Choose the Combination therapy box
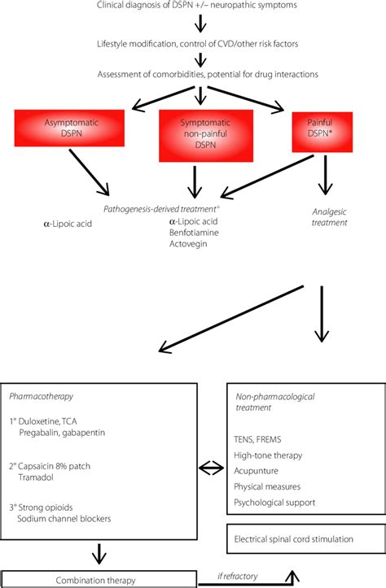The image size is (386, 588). [97, 579]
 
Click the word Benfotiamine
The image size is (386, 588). [195, 233]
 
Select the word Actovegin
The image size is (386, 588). [191, 245]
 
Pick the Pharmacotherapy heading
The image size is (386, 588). [40, 398]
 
